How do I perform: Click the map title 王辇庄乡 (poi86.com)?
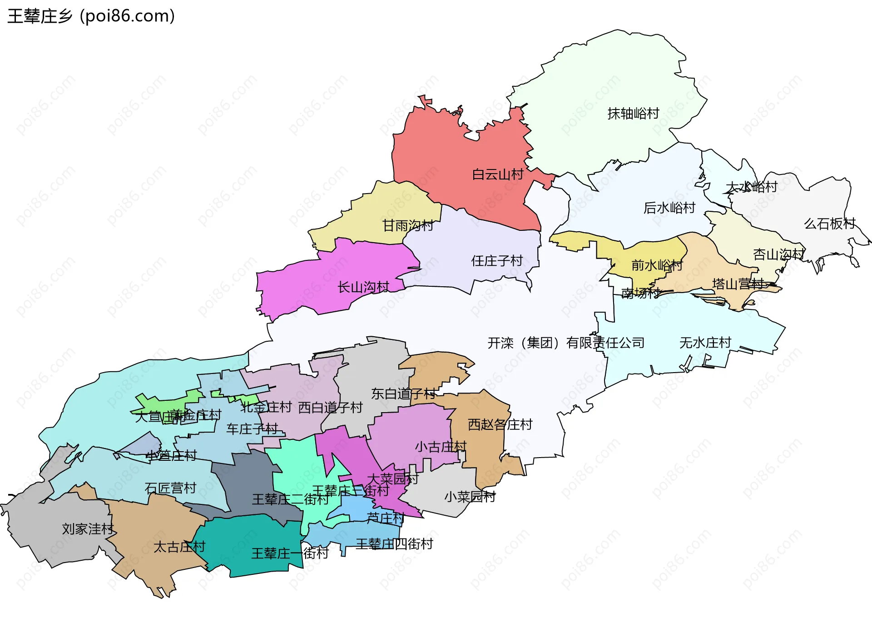click(x=91, y=16)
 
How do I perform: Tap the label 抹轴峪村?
click(x=633, y=114)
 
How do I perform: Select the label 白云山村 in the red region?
click(x=498, y=174)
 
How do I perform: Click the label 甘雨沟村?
click(x=408, y=225)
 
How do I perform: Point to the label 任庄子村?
click(x=497, y=261)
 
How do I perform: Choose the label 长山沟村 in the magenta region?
click(x=363, y=287)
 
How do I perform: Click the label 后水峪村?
click(x=669, y=208)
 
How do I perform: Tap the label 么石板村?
click(x=829, y=224)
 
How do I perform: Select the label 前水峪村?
click(x=657, y=265)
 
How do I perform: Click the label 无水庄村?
click(x=705, y=343)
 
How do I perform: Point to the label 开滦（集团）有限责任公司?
click(x=566, y=343)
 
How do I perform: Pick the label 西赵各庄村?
click(x=500, y=425)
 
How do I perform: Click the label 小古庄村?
click(x=441, y=447)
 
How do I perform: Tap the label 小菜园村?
click(x=470, y=497)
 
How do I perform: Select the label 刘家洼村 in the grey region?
click(x=88, y=529)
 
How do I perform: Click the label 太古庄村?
click(x=179, y=547)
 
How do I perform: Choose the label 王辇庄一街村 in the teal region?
click(x=290, y=553)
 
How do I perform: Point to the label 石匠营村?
click(x=170, y=488)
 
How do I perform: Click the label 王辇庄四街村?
click(x=394, y=544)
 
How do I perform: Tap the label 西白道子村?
click(x=330, y=408)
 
